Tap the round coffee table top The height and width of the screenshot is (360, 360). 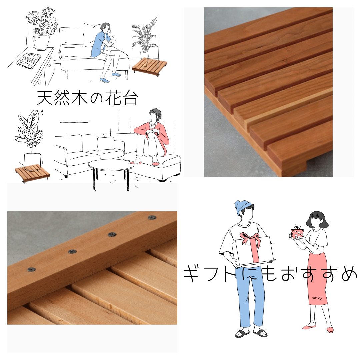[x=111, y=165]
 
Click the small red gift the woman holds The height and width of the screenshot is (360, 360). [x=296, y=233]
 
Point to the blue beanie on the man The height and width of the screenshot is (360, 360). [x=242, y=208]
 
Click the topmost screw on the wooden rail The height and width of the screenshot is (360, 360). [x=152, y=218]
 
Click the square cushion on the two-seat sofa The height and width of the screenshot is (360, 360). [x=106, y=144]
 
